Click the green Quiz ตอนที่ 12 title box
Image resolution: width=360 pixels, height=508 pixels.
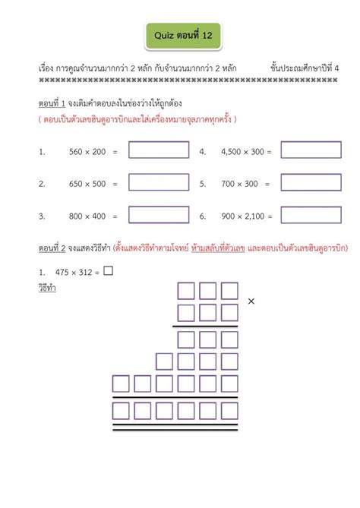(x=179, y=34)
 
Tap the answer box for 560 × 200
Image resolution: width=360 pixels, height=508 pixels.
(x=158, y=150)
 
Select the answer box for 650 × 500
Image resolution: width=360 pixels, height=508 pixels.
(x=158, y=183)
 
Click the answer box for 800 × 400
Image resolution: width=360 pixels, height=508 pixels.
(x=158, y=216)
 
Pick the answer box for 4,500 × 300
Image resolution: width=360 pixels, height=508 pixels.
(x=311, y=150)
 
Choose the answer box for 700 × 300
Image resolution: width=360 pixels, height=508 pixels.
(x=311, y=183)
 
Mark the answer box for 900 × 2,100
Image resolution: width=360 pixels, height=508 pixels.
(x=311, y=216)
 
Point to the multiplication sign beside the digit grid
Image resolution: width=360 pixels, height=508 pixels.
(x=251, y=301)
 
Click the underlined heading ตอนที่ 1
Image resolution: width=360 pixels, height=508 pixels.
(x=52, y=103)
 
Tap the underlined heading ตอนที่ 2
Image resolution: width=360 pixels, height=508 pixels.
(x=52, y=248)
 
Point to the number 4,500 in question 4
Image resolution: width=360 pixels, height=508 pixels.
(x=232, y=152)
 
